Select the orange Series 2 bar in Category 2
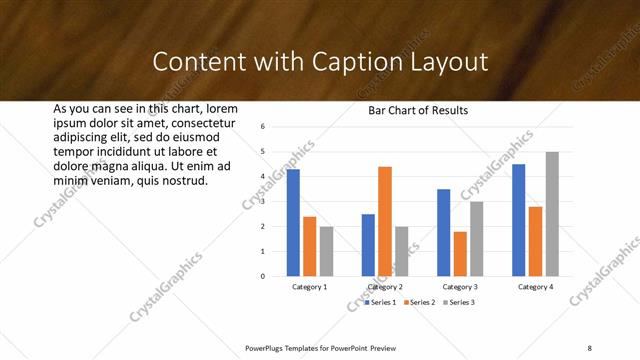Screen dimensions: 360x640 (x=385, y=221)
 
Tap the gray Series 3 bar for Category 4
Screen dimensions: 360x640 (x=552, y=214)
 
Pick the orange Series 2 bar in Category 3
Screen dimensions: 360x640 (x=460, y=254)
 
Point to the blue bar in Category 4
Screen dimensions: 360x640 (x=518, y=220)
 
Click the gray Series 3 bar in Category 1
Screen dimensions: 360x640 (x=326, y=251)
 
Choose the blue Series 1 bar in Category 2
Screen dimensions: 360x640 (x=368, y=245)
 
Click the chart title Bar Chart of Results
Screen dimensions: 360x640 (x=412, y=111)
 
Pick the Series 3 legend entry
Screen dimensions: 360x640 (x=457, y=302)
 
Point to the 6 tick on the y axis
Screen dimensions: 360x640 (x=261, y=127)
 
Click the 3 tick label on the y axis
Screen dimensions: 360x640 (x=261, y=202)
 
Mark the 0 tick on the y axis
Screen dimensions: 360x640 (x=261, y=276)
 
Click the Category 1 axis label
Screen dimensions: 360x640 (x=310, y=287)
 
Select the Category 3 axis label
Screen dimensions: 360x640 (x=461, y=287)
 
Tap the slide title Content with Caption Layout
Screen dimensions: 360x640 (x=320, y=62)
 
